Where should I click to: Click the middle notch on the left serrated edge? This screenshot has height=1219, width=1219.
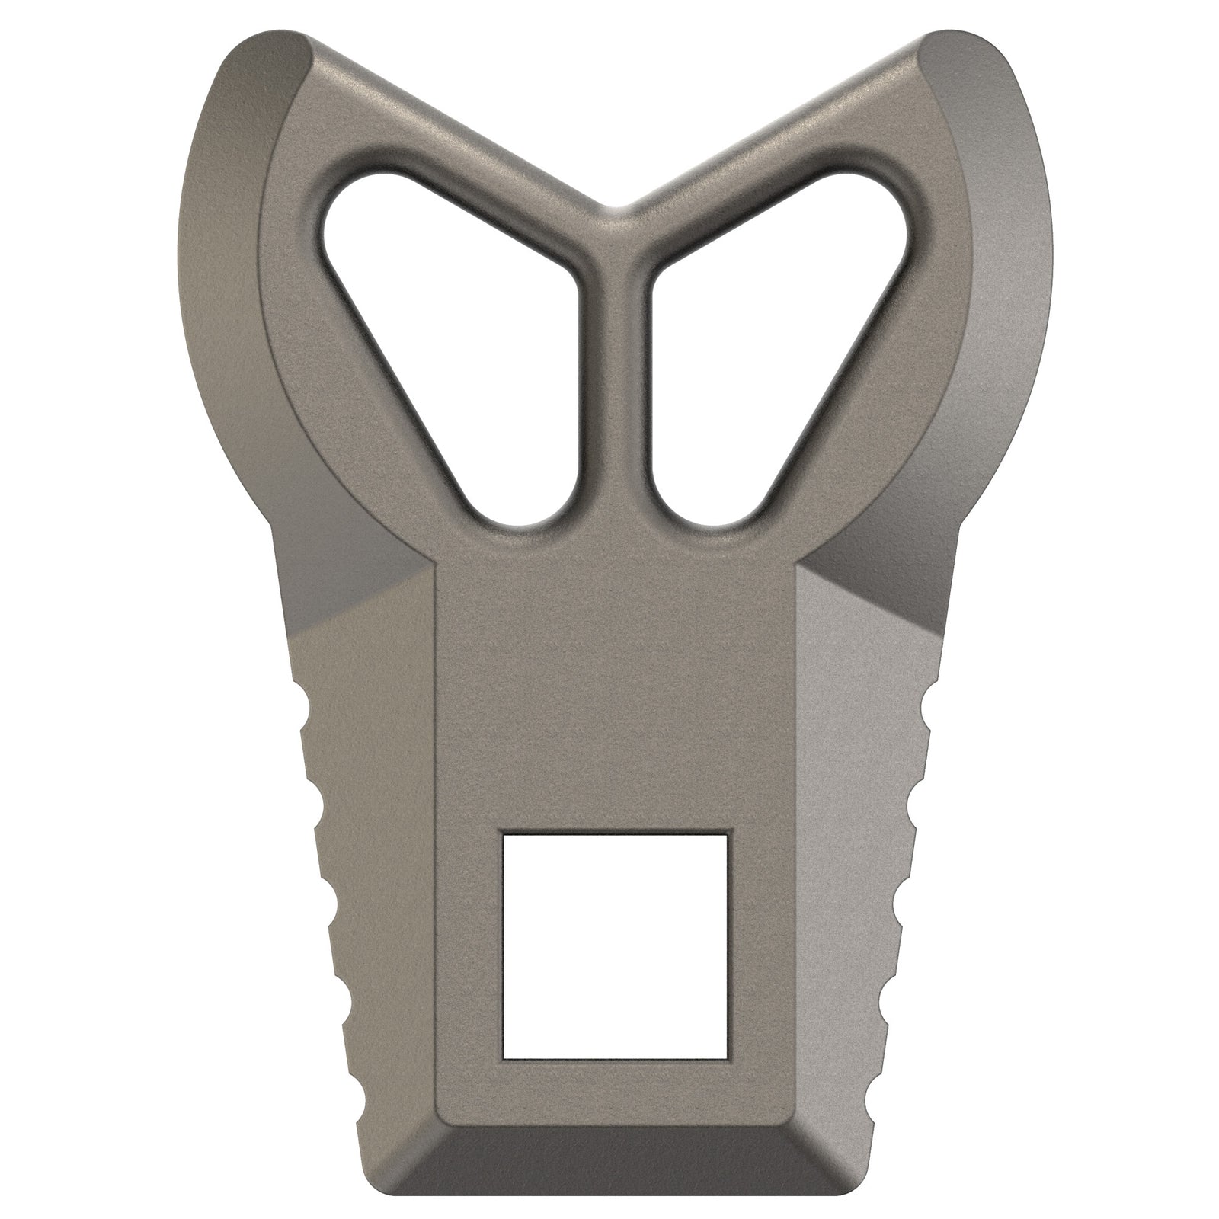coord(329,891)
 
